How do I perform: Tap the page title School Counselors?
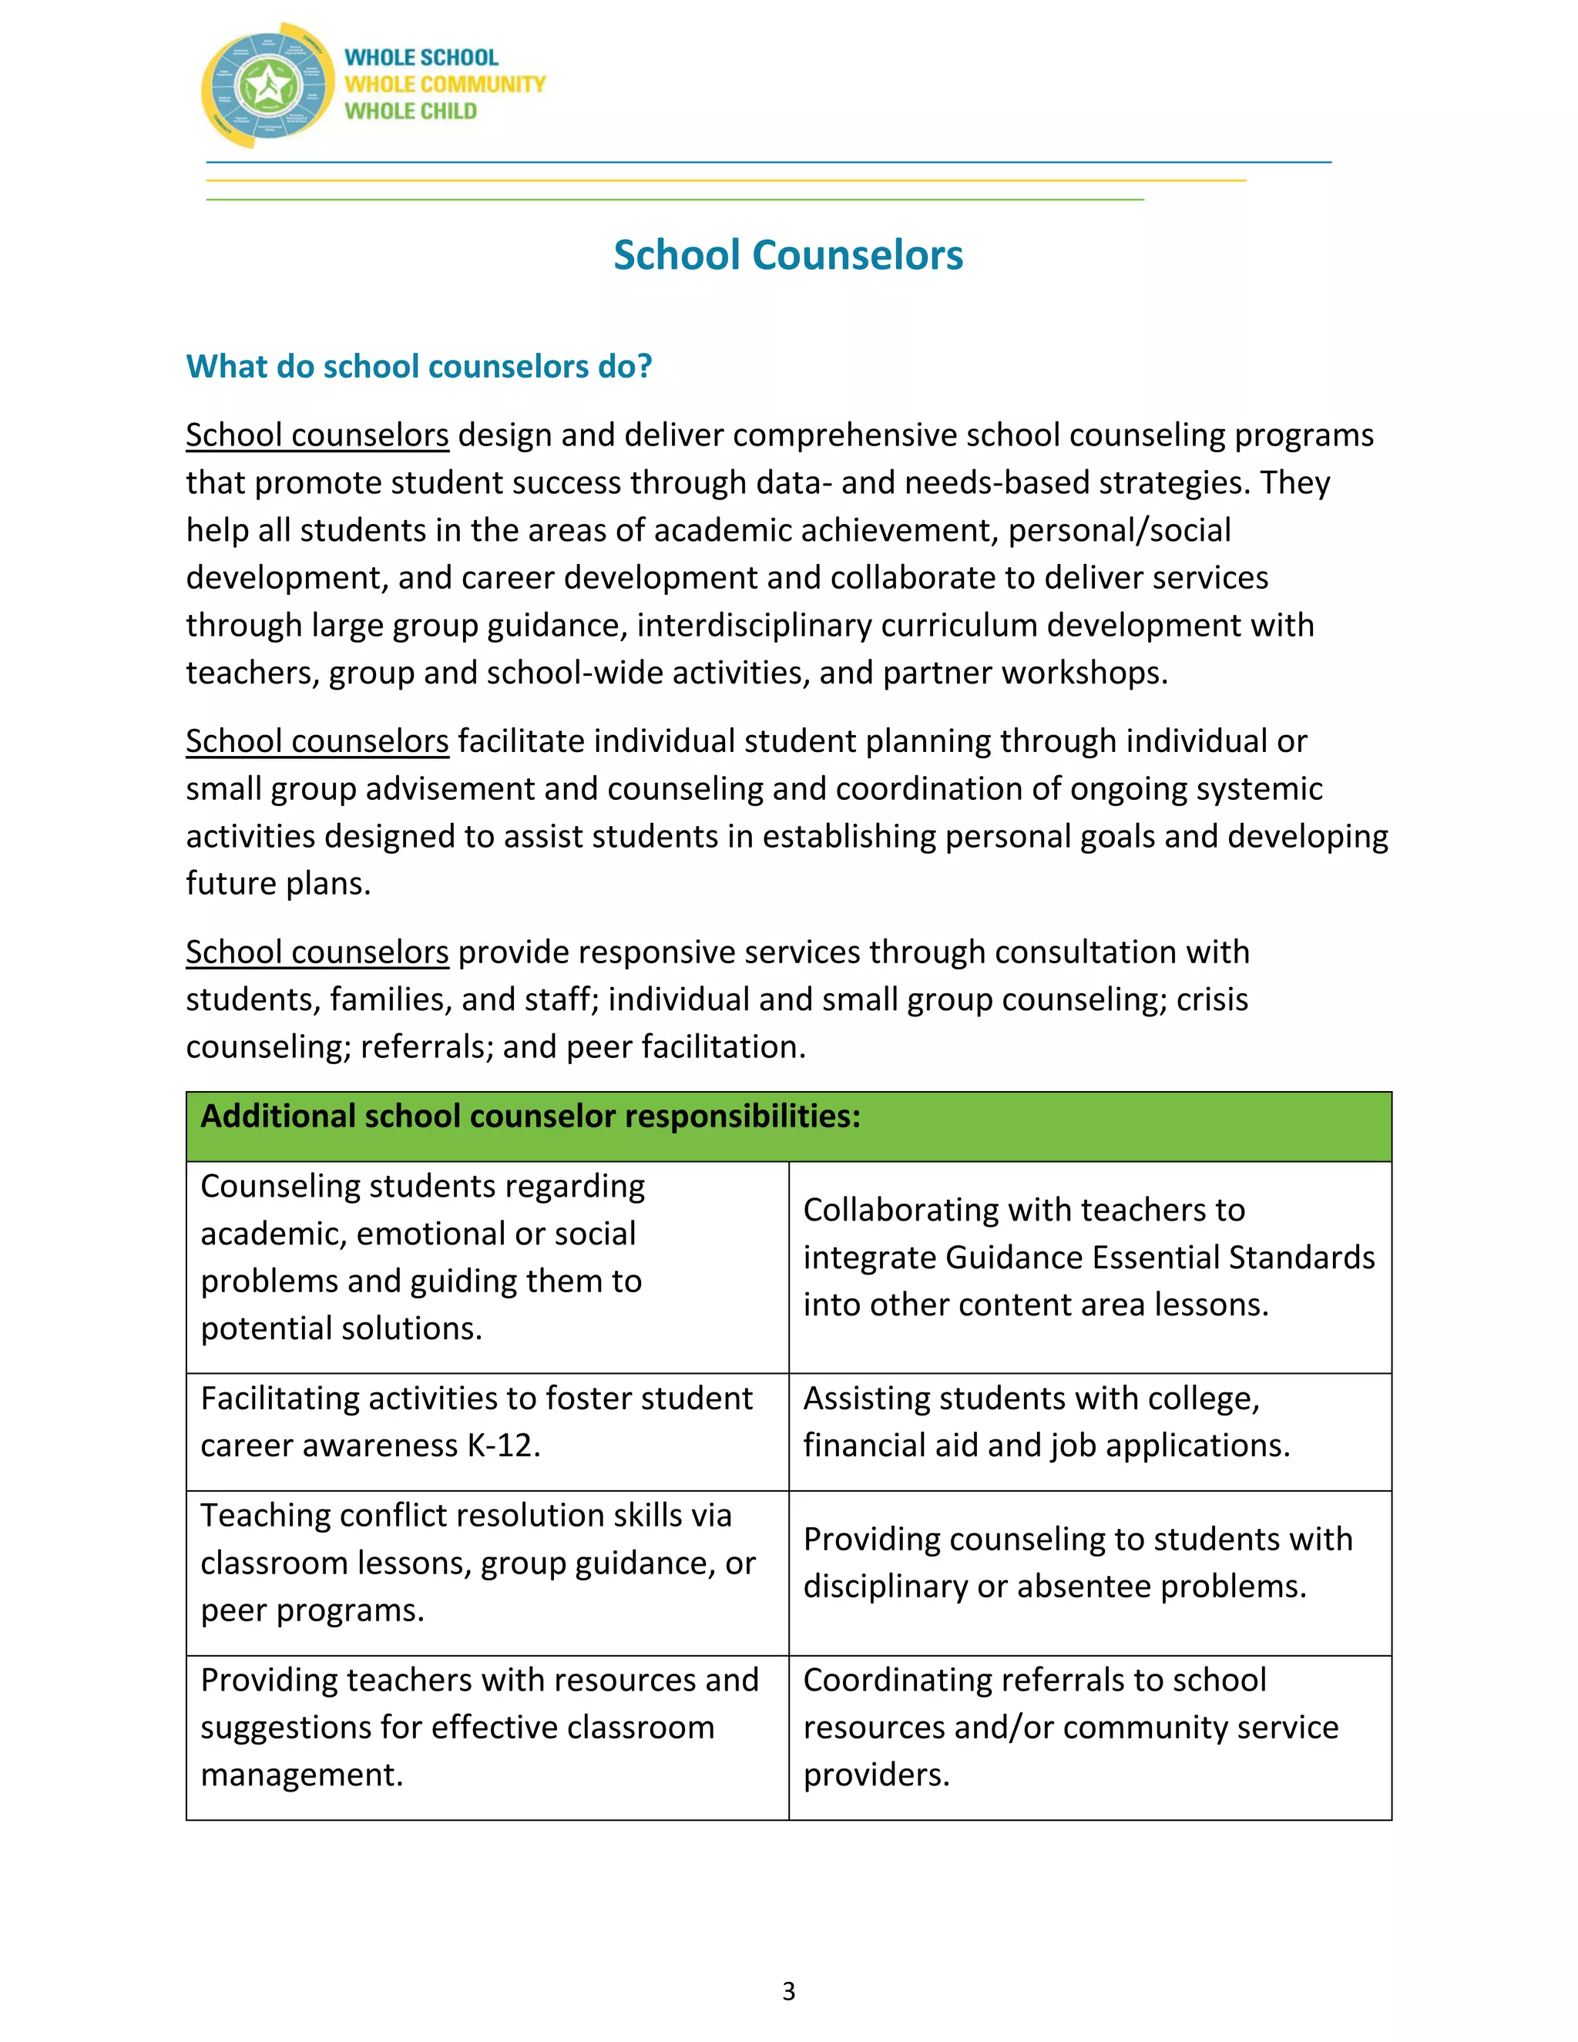[x=788, y=255]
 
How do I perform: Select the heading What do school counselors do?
[x=419, y=367]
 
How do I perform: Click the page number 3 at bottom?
[x=788, y=1990]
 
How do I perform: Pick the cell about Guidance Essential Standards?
[x=1088, y=1257]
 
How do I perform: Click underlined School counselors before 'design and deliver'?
[x=317, y=435]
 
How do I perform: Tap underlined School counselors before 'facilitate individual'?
[x=317, y=741]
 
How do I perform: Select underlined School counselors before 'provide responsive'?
[x=317, y=952]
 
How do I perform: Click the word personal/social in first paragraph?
[x=1119, y=531]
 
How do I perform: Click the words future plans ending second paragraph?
[x=277, y=884]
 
